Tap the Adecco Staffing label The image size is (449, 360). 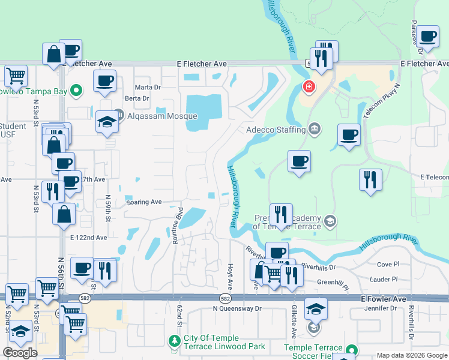[x=275, y=129]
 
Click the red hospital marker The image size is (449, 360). [x=309, y=88]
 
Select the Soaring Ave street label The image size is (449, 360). [x=144, y=202]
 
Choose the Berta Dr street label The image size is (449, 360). [x=136, y=98]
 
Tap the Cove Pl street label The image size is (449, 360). [x=388, y=264]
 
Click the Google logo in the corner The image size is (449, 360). [x=20, y=353]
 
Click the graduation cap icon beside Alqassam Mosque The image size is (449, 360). [x=107, y=121]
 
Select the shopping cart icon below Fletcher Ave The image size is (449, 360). [x=16, y=76]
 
